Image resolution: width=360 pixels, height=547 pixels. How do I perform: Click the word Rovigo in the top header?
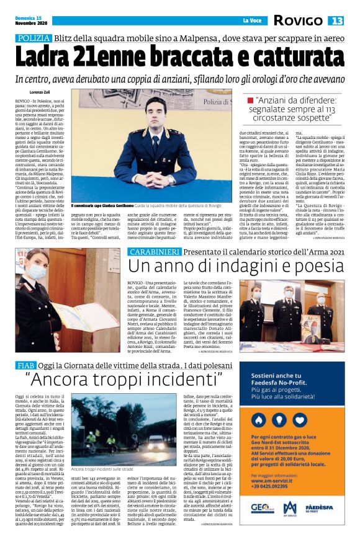[x=297, y=21]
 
